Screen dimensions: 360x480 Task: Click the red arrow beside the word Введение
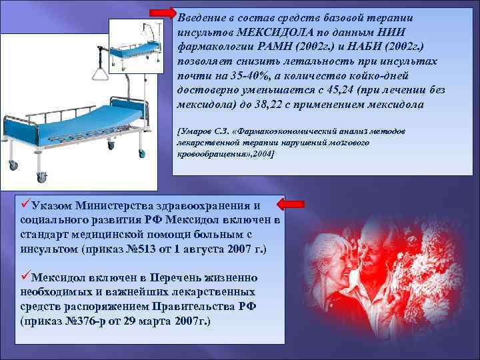click(x=161, y=13)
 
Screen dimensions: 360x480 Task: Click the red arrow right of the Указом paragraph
click(x=291, y=203)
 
